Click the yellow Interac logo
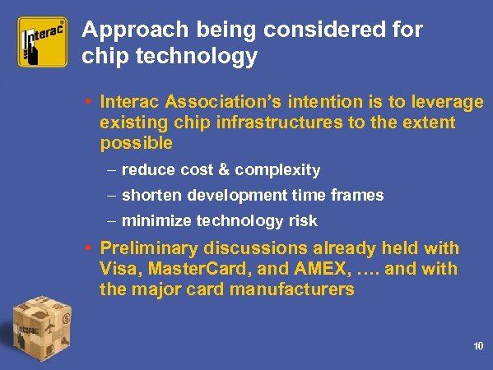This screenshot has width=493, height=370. point(43,42)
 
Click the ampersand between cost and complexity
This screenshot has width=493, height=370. point(225,170)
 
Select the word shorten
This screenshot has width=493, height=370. point(151,196)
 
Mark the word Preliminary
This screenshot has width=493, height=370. point(150,248)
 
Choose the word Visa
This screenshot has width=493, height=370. point(118,269)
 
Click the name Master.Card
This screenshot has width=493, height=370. point(188,269)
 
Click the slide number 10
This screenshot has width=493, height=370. point(478,347)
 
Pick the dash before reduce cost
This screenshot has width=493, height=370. point(112,170)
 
